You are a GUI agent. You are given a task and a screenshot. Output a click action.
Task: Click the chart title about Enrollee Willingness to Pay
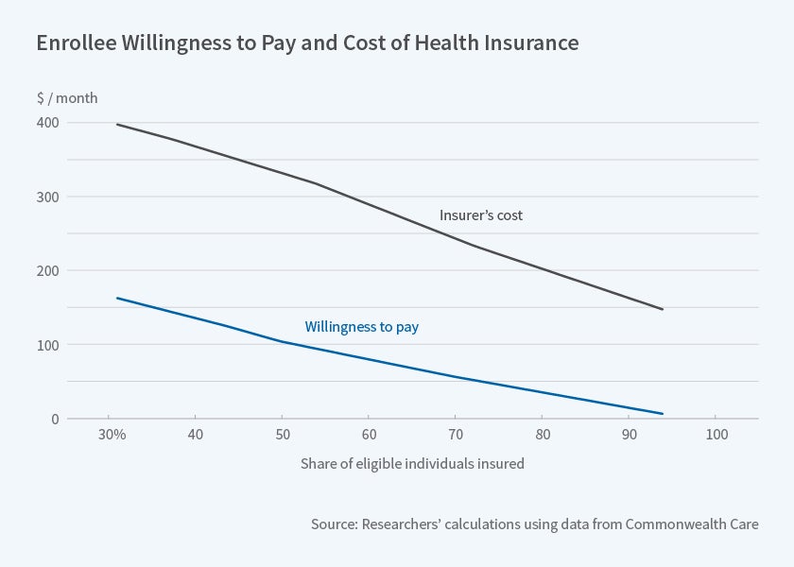pyautogui.click(x=307, y=43)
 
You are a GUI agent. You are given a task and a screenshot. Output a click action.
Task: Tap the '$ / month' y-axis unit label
pyautogui.click(x=66, y=98)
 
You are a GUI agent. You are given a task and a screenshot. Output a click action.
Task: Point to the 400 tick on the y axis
pyautogui.click(x=48, y=123)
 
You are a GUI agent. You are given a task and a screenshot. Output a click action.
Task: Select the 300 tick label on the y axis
pyautogui.click(x=48, y=197)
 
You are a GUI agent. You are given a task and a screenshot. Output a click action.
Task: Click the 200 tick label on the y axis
pyautogui.click(x=48, y=270)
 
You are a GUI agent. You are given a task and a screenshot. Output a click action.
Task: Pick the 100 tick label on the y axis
pyautogui.click(x=48, y=345)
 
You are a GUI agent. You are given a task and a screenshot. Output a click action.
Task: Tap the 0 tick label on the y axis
pyautogui.click(x=54, y=419)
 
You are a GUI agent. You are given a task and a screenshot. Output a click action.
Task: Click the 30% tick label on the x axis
pyautogui.click(x=112, y=436)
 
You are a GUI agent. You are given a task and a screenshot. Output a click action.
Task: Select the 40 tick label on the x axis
pyautogui.click(x=196, y=436)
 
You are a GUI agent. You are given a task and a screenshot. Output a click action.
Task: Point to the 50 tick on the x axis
pyautogui.click(x=282, y=436)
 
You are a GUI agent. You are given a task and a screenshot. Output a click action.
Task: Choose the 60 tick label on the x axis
pyautogui.click(x=369, y=436)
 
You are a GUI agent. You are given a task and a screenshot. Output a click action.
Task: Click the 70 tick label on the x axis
pyautogui.click(x=455, y=436)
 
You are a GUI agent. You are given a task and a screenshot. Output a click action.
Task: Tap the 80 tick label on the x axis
pyautogui.click(x=542, y=436)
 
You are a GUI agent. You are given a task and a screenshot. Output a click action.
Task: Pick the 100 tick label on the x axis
pyautogui.click(x=716, y=436)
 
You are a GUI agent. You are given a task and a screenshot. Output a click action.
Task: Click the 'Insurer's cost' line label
pyautogui.click(x=481, y=215)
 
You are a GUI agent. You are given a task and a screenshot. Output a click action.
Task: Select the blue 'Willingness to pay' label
pyautogui.click(x=362, y=327)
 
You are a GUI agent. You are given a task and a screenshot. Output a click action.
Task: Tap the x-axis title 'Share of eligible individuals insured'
pyautogui.click(x=412, y=464)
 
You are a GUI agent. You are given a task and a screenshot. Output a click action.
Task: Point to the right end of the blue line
pyautogui.click(x=663, y=414)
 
